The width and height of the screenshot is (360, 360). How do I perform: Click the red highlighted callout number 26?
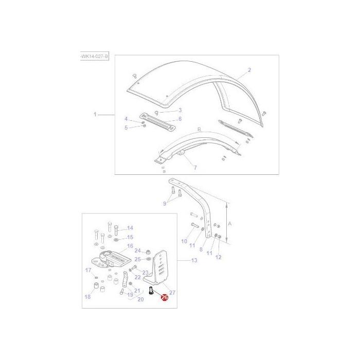point(165,297)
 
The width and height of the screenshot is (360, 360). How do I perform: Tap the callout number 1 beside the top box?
point(95,114)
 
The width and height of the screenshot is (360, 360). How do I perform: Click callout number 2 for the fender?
point(249,70)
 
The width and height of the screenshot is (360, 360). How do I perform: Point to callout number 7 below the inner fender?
point(195,168)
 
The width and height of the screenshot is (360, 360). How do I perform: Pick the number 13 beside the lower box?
point(194,260)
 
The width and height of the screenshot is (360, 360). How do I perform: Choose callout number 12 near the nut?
point(218,257)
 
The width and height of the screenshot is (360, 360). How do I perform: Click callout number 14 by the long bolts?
point(130,228)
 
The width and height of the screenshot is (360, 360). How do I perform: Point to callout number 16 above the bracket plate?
point(130,246)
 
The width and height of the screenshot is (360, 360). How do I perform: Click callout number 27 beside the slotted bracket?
point(172,292)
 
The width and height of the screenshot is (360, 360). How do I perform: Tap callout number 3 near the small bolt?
point(180,110)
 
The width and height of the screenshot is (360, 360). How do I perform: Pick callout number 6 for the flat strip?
point(180,119)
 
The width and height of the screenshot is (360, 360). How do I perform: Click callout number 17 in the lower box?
point(88,270)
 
